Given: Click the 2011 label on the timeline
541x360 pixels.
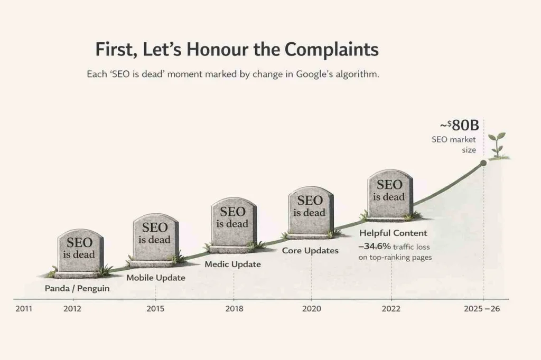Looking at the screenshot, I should point(23,309).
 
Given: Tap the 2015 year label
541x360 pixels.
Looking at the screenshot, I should point(155,309).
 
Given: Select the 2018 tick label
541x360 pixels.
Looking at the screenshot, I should point(234,309).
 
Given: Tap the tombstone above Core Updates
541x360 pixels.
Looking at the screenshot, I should point(310,210).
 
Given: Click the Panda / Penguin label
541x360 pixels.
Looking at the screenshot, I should point(77,289).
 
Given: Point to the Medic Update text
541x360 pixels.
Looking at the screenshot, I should point(232,263).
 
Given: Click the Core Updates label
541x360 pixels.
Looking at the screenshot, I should point(310,250).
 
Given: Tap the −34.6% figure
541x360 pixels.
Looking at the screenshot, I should point(375,246).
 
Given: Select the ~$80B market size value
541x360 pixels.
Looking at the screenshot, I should point(458,127).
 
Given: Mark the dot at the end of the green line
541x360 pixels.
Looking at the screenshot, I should point(483,164).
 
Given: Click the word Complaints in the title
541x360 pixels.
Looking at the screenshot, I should point(332,49).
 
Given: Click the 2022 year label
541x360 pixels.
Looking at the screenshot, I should point(391,309).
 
